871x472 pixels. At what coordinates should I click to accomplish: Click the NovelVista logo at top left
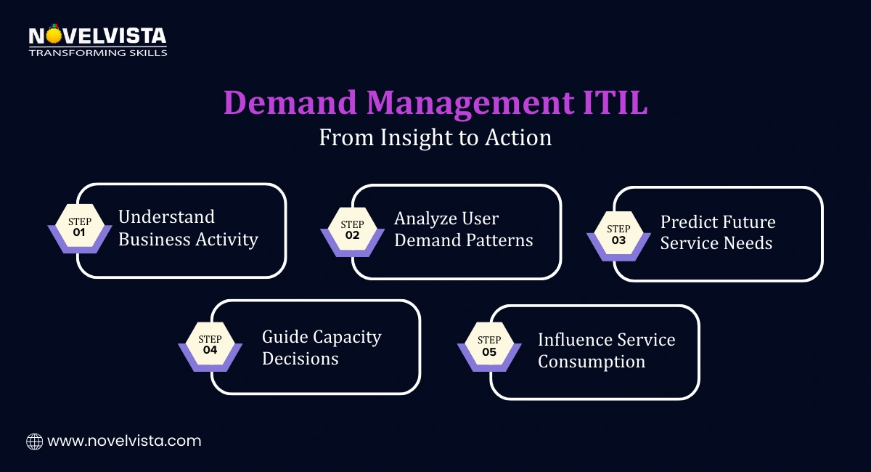tap(97, 36)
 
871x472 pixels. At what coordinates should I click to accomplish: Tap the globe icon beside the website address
tap(34, 441)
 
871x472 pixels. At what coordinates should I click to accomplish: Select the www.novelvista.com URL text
tap(123, 441)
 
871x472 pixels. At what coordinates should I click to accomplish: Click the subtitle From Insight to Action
tap(435, 137)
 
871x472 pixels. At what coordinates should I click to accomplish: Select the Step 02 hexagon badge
tap(352, 229)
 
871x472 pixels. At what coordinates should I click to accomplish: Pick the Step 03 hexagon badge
tap(618, 232)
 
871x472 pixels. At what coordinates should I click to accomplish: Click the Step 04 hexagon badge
tap(210, 345)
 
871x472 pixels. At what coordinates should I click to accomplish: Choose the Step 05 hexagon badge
tap(489, 347)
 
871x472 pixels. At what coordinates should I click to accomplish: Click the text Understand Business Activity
tap(188, 228)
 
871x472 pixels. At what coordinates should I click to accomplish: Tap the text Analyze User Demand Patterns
tap(463, 229)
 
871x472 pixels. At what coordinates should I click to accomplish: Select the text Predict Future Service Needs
tap(717, 232)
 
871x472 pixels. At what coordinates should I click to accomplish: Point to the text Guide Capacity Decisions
tap(321, 347)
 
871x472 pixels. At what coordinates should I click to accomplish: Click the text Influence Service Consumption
tap(606, 350)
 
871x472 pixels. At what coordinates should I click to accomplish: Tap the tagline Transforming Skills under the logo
tap(97, 52)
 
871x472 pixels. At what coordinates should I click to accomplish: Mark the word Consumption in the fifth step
tap(591, 361)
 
